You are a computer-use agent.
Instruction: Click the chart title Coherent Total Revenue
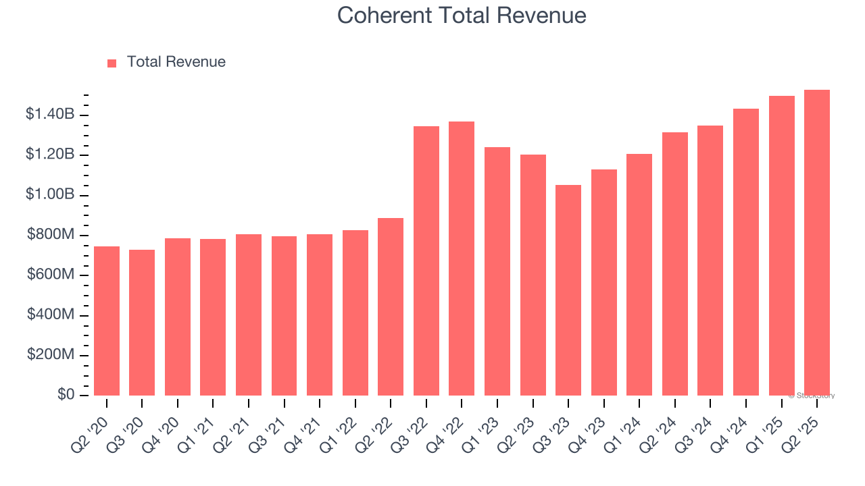462,15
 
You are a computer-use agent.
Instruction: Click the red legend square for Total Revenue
112,63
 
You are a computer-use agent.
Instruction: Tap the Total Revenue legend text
176,62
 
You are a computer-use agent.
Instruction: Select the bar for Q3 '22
426,261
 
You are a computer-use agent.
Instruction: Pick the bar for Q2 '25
816,242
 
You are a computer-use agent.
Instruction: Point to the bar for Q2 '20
107,321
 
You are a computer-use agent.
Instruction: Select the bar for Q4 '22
462,259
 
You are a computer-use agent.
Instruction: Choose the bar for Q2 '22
391,306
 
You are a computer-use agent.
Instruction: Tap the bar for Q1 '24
639,275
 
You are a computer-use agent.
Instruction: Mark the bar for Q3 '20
142,323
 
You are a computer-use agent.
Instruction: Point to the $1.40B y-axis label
50,115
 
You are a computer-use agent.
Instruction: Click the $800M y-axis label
51,235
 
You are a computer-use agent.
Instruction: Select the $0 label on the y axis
66,395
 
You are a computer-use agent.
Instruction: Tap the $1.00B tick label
50,195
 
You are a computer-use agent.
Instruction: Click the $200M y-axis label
51,355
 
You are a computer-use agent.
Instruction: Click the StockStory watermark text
812,396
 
